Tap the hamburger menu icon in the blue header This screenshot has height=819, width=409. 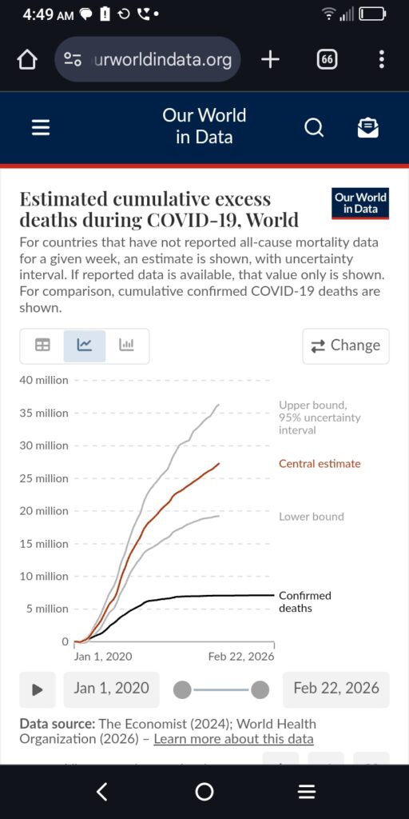(x=41, y=127)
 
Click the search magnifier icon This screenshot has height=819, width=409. (x=314, y=127)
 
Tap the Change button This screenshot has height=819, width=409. (x=345, y=346)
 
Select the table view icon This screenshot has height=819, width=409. (x=42, y=346)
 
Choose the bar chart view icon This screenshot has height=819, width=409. (x=127, y=346)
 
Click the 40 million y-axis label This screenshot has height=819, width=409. (x=44, y=380)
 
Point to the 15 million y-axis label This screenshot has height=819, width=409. (x=44, y=544)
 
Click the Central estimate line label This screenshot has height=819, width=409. (x=320, y=463)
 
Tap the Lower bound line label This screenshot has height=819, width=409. (x=311, y=517)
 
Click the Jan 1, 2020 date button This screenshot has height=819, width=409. (x=111, y=689)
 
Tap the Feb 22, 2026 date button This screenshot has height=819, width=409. (x=336, y=689)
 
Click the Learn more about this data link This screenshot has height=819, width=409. (x=233, y=739)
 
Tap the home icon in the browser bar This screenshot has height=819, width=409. (x=27, y=59)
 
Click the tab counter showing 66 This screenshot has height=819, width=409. (x=327, y=59)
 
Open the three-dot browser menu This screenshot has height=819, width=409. (x=382, y=59)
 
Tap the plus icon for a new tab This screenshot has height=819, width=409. (x=270, y=59)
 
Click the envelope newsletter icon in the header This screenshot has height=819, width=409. (x=367, y=127)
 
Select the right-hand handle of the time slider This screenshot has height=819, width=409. (x=260, y=689)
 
